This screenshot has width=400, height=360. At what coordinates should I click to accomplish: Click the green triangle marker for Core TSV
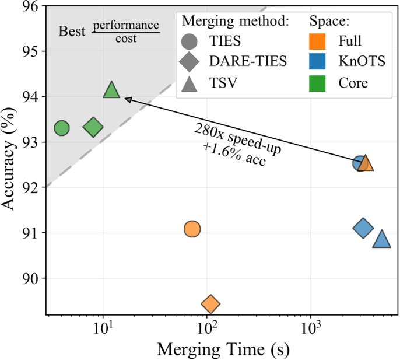click(111, 91)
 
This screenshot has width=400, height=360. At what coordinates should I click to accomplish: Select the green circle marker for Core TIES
click(62, 128)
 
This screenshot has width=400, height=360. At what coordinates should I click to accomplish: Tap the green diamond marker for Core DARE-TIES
click(93, 127)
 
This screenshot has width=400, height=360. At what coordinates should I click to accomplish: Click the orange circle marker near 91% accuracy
click(192, 229)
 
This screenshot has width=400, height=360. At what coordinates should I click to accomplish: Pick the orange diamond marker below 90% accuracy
click(210, 304)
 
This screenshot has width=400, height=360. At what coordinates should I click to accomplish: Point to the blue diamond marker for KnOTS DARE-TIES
click(363, 228)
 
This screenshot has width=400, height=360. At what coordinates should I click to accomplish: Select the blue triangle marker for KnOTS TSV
click(381, 239)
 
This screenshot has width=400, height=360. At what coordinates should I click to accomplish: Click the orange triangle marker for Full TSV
click(366, 163)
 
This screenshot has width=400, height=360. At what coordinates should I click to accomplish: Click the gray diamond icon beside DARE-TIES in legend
click(190, 62)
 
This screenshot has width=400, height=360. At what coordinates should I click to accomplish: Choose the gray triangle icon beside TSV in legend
click(190, 82)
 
